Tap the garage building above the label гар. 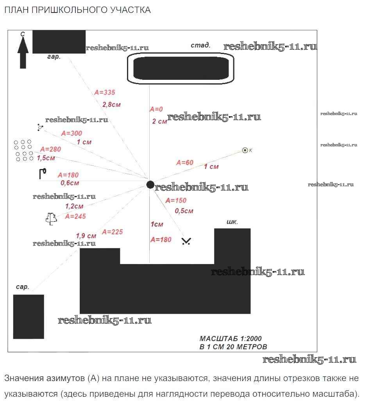click(59, 41)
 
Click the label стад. click(200, 45)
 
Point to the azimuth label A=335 click(105, 93)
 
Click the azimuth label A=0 click(156, 109)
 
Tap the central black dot click(150, 185)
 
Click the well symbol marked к click(245, 150)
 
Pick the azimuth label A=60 click(185, 162)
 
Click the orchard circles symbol click(23, 150)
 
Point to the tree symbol click(50, 218)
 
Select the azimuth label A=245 click(75, 216)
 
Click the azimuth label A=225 click(112, 232)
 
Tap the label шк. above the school click(232, 222)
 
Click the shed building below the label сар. click(29, 316)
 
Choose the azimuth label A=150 click(176, 200)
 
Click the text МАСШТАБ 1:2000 click(231, 338)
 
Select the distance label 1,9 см click(86, 236)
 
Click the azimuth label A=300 click(72, 133)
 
